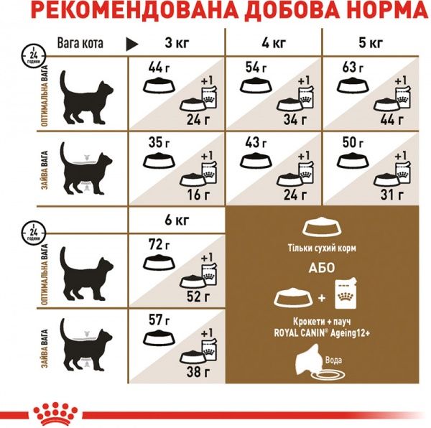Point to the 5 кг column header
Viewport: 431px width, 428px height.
click(372, 43)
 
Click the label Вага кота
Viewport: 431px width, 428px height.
click(80, 43)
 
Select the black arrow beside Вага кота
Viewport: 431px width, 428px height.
click(131, 44)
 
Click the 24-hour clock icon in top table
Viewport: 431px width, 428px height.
click(30, 53)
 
